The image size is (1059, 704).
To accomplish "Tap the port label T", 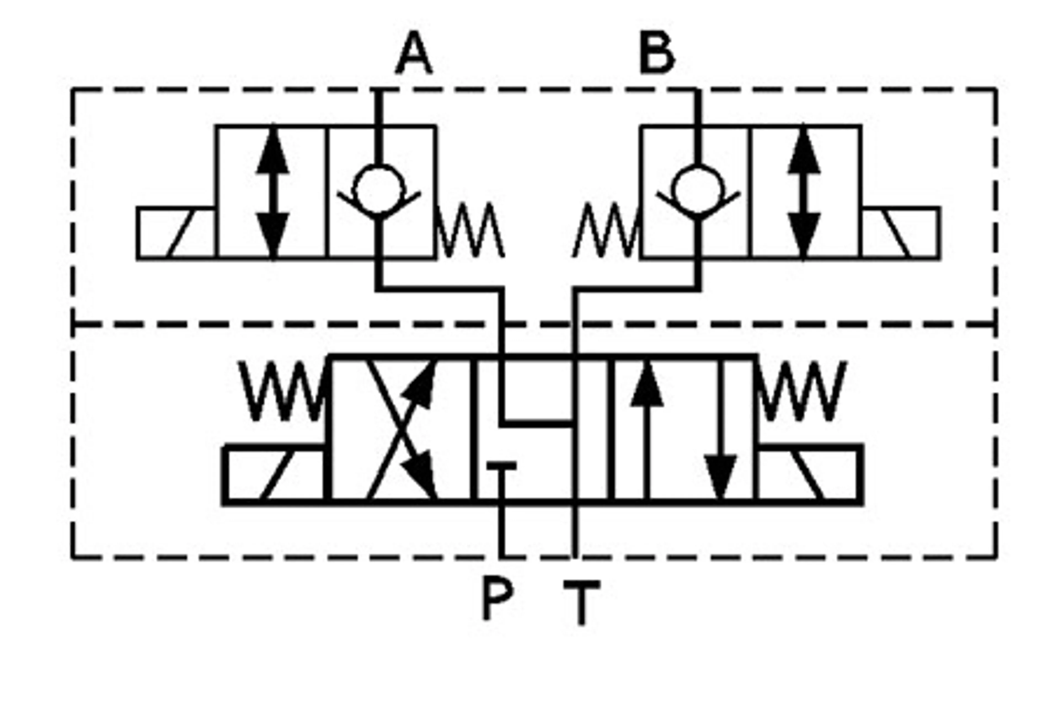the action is click(x=582, y=602).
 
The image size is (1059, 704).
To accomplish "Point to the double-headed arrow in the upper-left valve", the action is click(x=272, y=193).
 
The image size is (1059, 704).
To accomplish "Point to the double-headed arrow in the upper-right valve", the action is click(x=804, y=193).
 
